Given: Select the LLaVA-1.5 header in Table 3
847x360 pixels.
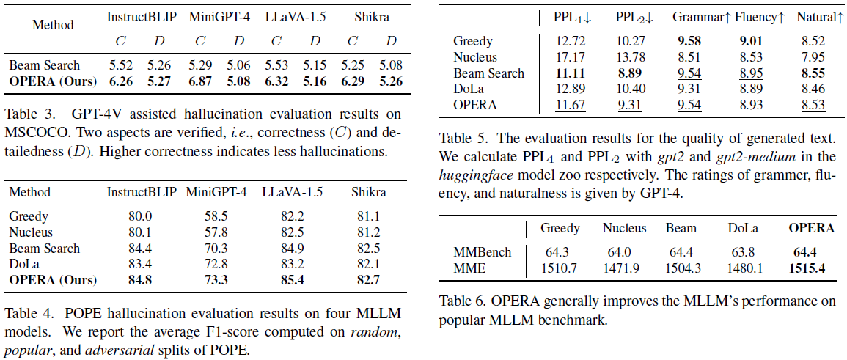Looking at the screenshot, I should click(x=290, y=16).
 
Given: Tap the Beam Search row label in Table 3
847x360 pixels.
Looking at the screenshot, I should click(x=45, y=66).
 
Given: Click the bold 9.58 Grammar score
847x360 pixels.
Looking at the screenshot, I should click(x=686, y=41).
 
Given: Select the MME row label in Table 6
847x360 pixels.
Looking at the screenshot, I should click(x=470, y=268).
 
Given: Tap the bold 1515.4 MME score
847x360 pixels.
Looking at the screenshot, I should click(x=807, y=268).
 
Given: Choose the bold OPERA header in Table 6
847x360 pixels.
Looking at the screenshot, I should click(x=811, y=228).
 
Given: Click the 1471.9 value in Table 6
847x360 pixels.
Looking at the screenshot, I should click(x=623, y=268).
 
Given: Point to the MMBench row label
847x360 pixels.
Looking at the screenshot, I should click(x=483, y=252).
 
